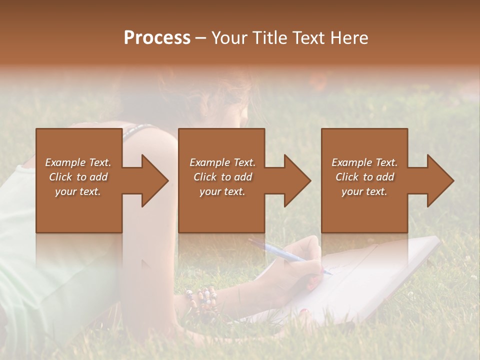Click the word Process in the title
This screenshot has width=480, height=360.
click(x=157, y=38)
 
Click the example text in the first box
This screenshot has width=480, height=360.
click(x=78, y=177)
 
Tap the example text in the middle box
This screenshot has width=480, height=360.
click(x=222, y=177)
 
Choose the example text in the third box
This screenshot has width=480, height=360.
click(x=364, y=177)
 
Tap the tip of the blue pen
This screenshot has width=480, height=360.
click(x=330, y=273)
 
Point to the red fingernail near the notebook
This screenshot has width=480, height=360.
click(x=304, y=312)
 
